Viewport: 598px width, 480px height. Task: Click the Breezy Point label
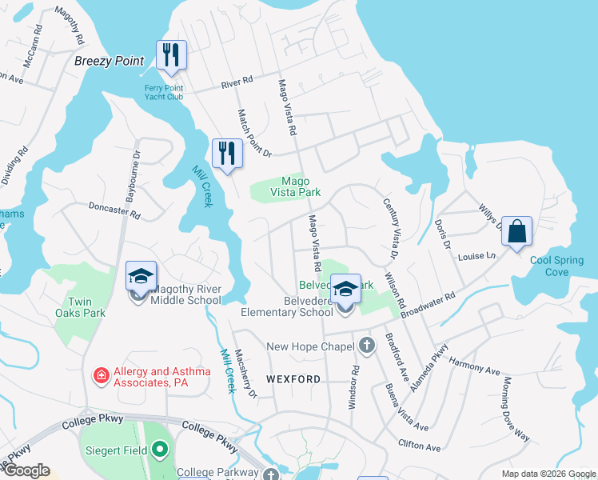pos(109,61)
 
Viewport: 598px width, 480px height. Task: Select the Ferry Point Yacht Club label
pos(164,92)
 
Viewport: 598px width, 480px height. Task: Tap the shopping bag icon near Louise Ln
pos(516,230)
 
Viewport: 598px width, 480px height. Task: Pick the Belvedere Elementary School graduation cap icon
pos(346,289)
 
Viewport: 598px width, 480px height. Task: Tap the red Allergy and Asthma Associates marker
pos(102,374)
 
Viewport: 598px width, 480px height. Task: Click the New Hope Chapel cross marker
pos(366,346)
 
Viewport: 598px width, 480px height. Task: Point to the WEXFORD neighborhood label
pos(293,379)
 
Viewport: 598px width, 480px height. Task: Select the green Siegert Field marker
pos(160,450)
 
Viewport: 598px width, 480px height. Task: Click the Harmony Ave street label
pos(474,367)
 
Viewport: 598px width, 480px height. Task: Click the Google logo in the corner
pos(26,470)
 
